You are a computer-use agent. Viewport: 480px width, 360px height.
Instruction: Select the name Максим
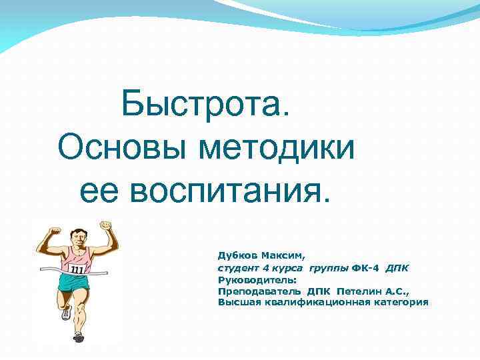tap(283, 255)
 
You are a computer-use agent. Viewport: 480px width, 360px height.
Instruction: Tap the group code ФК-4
tap(365, 268)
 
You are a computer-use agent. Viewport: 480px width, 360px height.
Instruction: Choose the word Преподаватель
tap(259, 291)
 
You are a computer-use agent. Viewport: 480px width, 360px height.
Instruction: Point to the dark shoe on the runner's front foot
tap(79, 337)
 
